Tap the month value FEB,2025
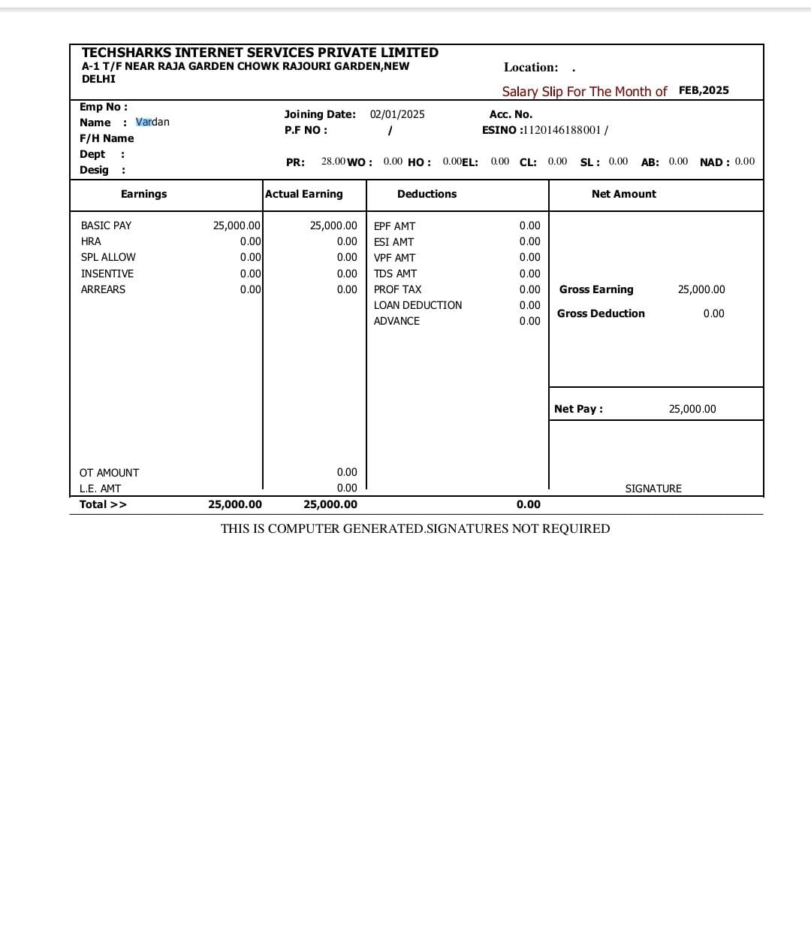click(x=704, y=90)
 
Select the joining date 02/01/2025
click(x=397, y=114)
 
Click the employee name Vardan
click(x=152, y=122)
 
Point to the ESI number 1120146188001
click(x=562, y=130)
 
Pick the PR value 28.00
click(x=333, y=162)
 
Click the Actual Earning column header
click(x=304, y=194)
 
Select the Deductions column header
click(x=427, y=194)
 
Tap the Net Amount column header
click(x=623, y=194)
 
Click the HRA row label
click(x=91, y=241)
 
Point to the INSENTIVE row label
click(x=107, y=274)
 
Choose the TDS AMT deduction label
click(x=395, y=274)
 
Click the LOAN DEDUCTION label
click(x=418, y=305)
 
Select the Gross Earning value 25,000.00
click(x=701, y=289)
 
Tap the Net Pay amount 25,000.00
click(x=692, y=409)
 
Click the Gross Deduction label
click(x=601, y=313)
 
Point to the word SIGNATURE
click(x=653, y=489)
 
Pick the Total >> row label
click(x=103, y=504)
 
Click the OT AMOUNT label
click(x=109, y=473)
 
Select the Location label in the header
click(x=531, y=68)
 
